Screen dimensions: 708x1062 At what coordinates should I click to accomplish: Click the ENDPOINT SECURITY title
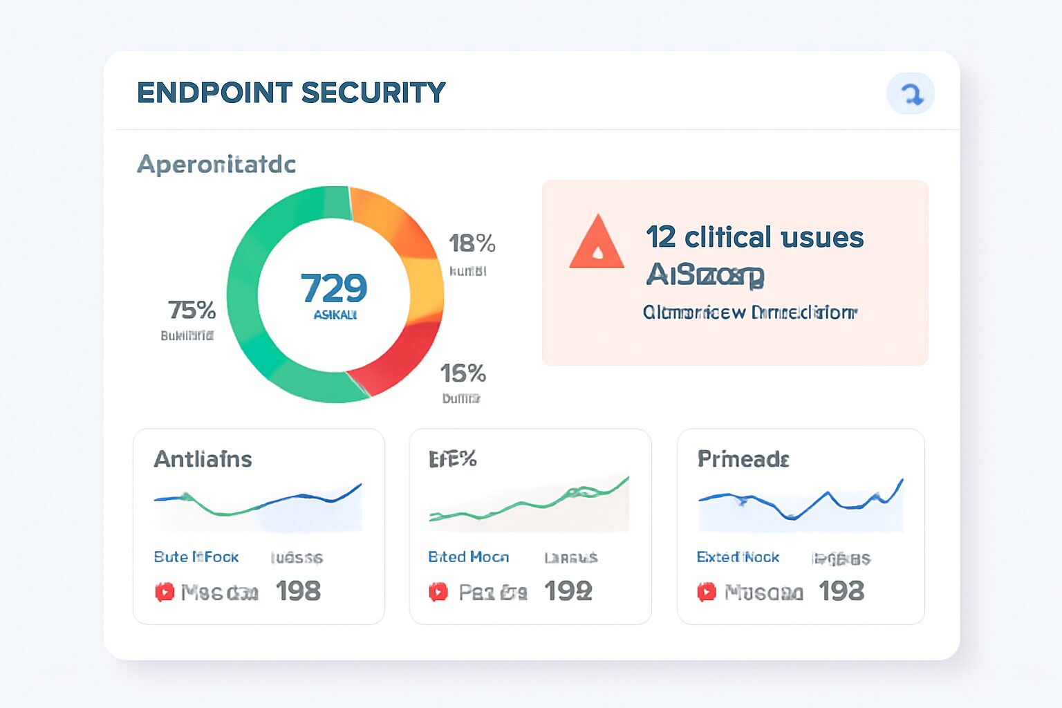coord(291,93)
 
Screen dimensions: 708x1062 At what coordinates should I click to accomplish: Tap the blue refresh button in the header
coord(911,93)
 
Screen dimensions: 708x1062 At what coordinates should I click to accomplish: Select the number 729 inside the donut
coord(334,288)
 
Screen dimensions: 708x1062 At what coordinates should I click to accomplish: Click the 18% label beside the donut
coord(472,243)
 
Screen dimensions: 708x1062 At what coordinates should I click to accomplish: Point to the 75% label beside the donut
coord(192,310)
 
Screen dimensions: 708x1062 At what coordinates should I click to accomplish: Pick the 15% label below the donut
coord(463,373)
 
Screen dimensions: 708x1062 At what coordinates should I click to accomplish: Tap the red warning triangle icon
coord(597,243)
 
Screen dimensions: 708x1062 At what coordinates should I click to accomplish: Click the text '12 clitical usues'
coord(754,237)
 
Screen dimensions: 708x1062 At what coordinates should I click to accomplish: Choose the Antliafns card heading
coord(203,459)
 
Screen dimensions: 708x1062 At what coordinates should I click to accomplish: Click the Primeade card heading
coord(743,459)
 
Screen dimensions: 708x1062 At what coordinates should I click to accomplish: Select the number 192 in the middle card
coord(568,591)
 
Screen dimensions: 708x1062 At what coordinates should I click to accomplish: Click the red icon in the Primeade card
coord(706,592)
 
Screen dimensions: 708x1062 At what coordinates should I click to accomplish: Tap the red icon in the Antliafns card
coord(165,592)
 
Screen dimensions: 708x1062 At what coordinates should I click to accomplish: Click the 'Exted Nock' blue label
coord(738,557)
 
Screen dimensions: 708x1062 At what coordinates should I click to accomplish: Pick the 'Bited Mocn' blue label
coord(468,557)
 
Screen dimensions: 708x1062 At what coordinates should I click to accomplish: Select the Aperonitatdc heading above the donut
coord(216,165)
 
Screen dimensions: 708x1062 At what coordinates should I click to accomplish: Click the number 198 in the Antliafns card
coord(298,591)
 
